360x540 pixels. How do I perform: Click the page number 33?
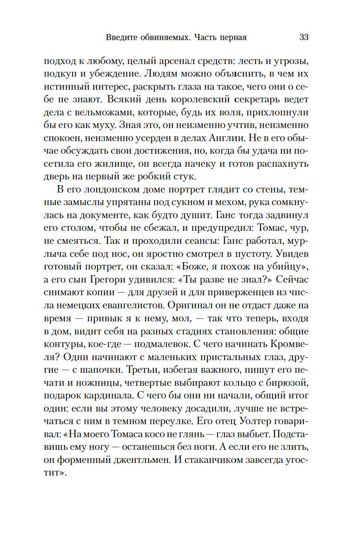pos(304,37)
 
